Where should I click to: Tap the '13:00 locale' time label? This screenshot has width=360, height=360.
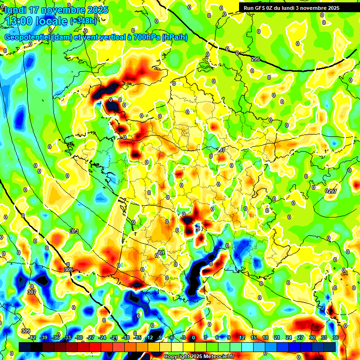click(x=36, y=21)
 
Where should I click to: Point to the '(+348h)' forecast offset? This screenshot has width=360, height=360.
click(x=83, y=21)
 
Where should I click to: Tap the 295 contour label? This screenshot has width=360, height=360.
click(x=255, y=59)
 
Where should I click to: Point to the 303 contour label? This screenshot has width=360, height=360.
click(x=74, y=231)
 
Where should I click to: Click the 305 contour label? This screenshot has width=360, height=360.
click(x=68, y=270)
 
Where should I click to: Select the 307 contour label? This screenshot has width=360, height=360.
click(x=32, y=292)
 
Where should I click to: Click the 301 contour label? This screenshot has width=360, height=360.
click(x=161, y=253)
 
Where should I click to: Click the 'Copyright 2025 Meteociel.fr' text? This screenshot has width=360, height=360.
click(x=199, y=357)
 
